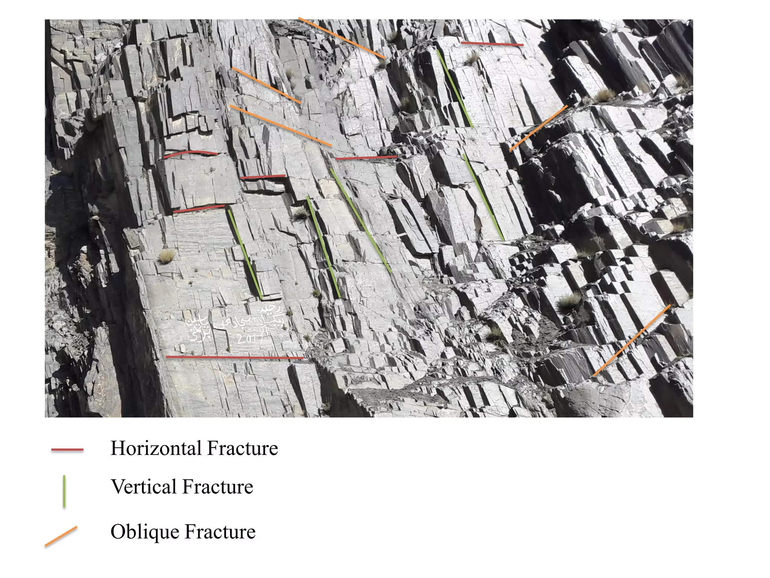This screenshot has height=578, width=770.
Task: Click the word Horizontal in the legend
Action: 156,448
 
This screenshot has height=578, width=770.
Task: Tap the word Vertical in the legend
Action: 143,487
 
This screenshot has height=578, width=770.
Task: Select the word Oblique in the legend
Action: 144,532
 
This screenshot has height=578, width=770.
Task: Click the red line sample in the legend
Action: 67,449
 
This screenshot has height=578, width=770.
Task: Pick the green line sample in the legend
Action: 64,491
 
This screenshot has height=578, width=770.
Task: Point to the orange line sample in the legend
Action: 61,536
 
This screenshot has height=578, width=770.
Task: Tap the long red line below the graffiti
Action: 234,357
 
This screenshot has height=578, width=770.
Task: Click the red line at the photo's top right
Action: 492,44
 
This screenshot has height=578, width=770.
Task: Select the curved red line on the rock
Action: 190,153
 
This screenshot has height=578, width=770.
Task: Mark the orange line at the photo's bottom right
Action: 632,341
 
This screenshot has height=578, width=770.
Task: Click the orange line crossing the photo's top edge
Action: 341,38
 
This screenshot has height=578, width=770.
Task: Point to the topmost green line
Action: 455,89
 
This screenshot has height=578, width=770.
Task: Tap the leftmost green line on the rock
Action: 244,254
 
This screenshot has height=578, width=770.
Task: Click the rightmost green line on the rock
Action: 484,197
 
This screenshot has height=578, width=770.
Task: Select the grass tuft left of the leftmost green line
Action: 167,256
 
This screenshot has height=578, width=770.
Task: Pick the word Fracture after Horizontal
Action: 243,448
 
